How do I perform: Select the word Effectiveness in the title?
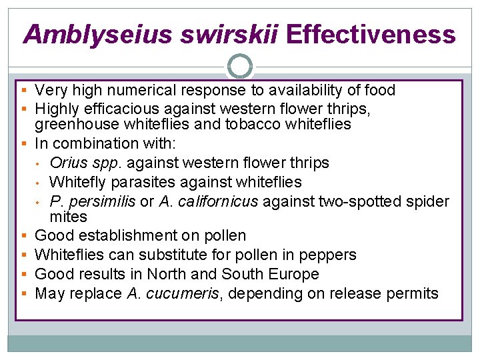click(371, 34)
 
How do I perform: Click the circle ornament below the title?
click(240, 66)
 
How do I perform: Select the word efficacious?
click(117, 107)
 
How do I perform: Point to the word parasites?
click(133, 181)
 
